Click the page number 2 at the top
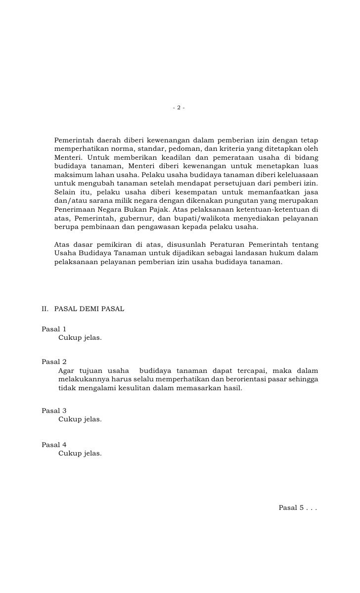click(179, 108)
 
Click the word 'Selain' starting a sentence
click(64, 192)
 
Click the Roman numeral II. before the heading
click(45, 309)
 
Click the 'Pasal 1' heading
click(54, 329)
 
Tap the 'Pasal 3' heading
click(54, 411)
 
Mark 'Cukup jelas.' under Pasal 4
click(80, 453)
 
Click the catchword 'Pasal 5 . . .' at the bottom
click(298, 507)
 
